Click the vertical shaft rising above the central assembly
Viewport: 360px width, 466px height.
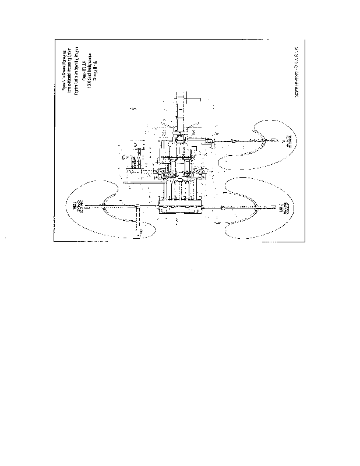point(181,111)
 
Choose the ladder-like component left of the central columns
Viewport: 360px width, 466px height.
point(134,163)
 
